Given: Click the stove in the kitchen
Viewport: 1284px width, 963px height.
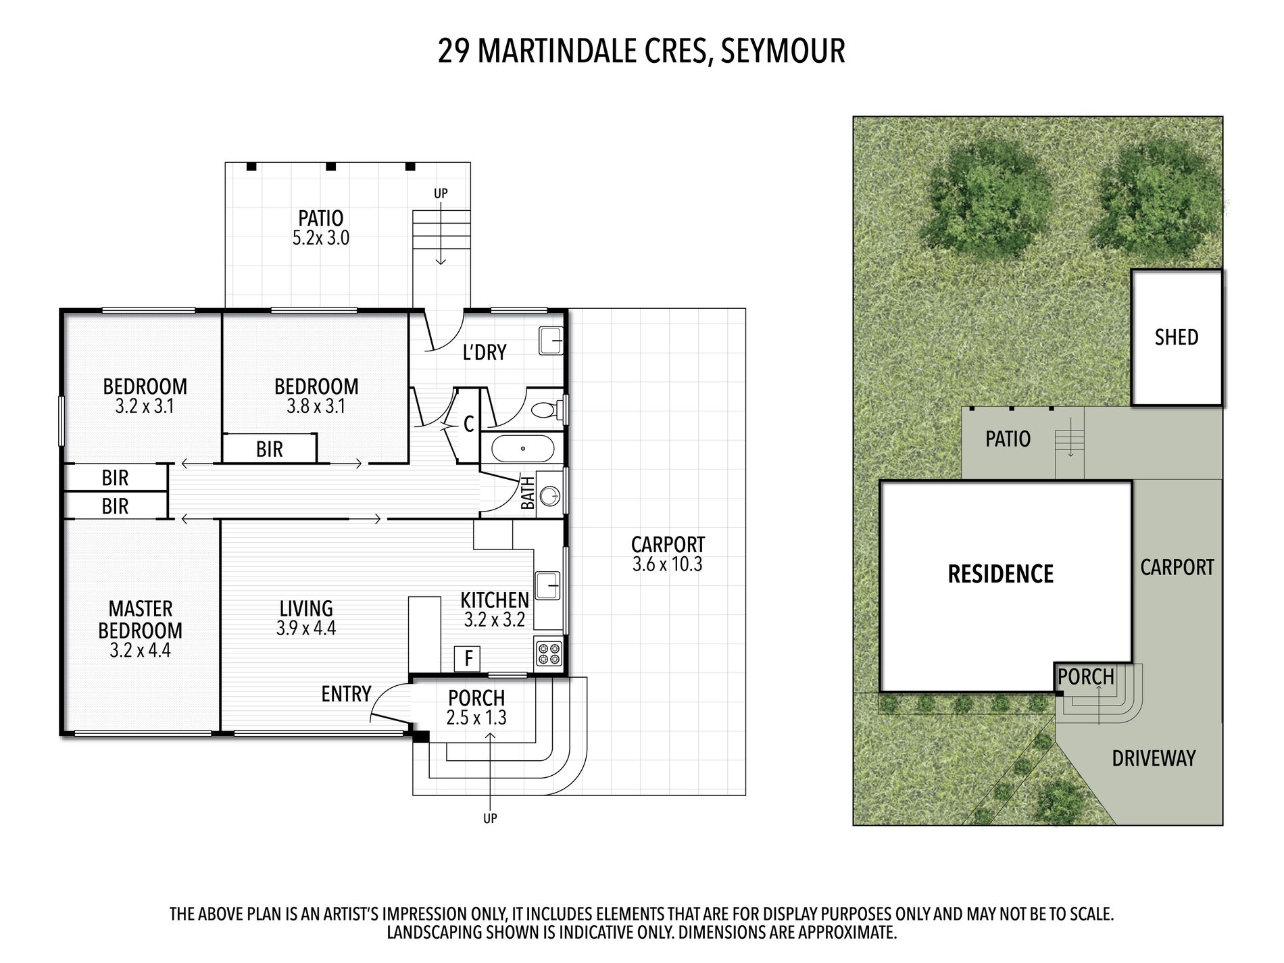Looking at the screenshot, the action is click(549, 652).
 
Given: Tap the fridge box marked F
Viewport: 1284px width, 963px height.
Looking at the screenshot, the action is click(468, 658).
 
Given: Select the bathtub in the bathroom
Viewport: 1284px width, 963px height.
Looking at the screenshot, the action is click(522, 449).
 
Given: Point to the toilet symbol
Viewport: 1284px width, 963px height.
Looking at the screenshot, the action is click(545, 410).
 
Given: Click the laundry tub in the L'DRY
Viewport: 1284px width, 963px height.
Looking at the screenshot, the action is click(551, 341).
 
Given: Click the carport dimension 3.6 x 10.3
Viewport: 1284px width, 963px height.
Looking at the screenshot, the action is click(668, 565).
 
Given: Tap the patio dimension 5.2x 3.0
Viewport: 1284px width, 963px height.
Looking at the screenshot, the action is click(321, 238).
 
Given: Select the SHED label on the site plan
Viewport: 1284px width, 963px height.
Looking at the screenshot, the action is click(1177, 337).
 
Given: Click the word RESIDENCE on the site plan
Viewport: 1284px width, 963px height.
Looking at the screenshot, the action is click(1001, 574).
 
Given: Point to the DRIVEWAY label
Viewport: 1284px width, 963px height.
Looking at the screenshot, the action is click(1154, 758).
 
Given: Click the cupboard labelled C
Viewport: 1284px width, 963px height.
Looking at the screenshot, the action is click(468, 424).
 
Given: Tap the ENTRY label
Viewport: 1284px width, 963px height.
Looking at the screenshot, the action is click(346, 694).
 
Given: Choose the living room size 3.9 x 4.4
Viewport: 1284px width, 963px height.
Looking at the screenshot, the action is click(306, 628).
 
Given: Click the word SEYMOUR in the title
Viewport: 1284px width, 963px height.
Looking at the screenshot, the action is click(783, 51).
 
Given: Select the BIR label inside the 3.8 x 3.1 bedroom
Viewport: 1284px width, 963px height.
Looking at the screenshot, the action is click(270, 449).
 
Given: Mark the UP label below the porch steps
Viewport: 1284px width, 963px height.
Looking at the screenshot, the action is click(490, 818).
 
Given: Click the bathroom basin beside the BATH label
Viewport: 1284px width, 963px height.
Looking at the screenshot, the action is click(551, 496).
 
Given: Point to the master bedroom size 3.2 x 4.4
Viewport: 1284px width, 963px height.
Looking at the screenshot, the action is click(141, 651).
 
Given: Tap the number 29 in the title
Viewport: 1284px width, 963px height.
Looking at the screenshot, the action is click(454, 51).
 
